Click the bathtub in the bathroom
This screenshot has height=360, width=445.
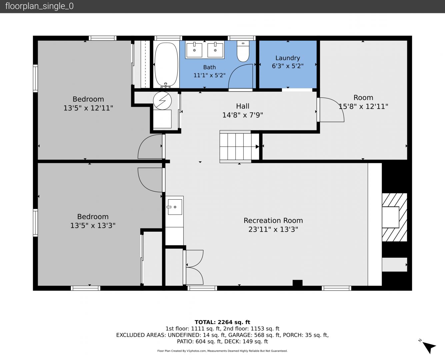166,64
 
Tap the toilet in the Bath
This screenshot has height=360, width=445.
243,51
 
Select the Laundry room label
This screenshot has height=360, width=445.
287,58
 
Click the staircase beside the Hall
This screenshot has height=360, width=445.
239,146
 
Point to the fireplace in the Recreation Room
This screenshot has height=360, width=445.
394,217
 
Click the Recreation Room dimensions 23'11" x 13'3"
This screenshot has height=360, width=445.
273,229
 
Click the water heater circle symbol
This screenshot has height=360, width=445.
162,100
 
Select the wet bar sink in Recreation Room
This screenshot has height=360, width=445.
175,207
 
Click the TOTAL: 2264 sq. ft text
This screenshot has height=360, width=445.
222,322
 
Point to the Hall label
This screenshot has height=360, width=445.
243,106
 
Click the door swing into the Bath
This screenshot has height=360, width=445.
240,76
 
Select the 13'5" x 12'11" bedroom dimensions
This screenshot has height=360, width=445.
88,108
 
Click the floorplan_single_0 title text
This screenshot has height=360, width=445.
39,6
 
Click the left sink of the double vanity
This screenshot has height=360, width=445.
194,50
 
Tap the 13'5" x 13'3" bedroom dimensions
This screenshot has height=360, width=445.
93,225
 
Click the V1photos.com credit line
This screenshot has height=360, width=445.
222,351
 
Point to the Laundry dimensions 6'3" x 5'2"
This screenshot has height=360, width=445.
287,66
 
